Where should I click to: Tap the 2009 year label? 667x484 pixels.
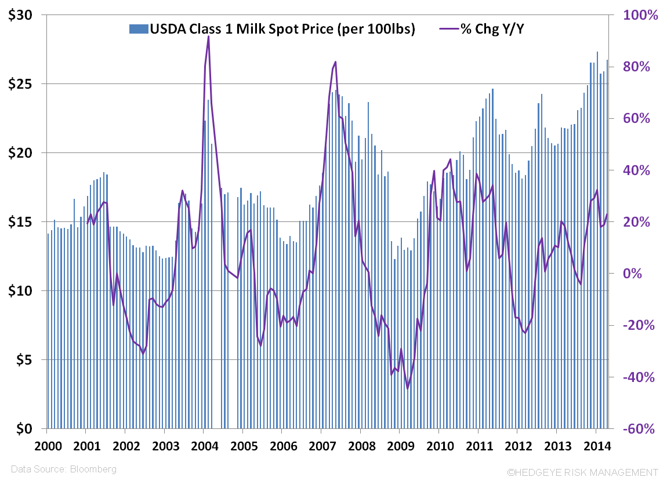(399, 447)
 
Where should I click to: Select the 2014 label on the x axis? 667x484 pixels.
(595, 447)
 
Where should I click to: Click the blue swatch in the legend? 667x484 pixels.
(139, 29)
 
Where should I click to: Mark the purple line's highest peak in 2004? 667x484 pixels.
(208, 37)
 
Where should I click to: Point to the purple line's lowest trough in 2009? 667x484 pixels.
(408, 388)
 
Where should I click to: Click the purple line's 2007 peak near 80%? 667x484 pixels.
(335, 62)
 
